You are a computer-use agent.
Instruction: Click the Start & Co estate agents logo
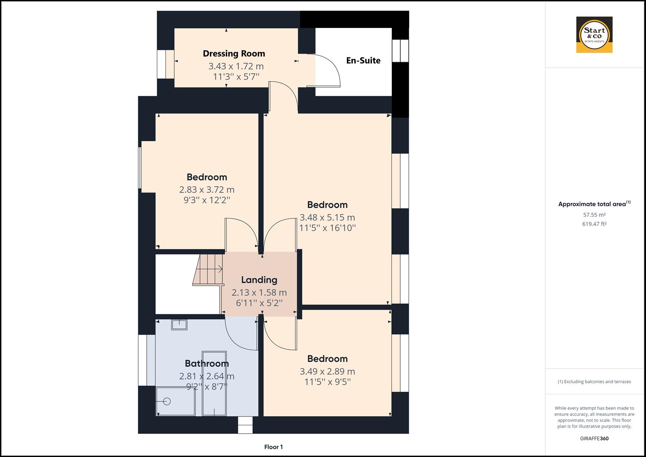[594, 35]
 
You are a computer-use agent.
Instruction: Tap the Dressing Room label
[234, 53]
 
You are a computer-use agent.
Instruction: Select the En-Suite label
[363, 61]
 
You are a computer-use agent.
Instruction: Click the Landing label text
[259, 280]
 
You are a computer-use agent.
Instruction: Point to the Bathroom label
[206, 363]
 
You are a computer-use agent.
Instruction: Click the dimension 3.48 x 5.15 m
[327, 217]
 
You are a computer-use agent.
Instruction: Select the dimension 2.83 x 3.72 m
[206, 190]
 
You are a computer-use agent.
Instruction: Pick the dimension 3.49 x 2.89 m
[327, 372]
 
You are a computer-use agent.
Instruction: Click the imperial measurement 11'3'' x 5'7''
[236, 77]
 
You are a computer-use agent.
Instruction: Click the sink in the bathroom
[179, 325]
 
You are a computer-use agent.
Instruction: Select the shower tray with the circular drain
[175, 401]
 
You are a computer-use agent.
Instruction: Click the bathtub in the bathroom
[214, 383]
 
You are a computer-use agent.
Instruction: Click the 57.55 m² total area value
[594, 215]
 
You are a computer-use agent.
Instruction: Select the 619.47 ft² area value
[594, 224]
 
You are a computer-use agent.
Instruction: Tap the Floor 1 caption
[273, 447]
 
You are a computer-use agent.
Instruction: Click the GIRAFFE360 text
[594, 438]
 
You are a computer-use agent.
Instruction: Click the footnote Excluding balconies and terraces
[594, 382]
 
